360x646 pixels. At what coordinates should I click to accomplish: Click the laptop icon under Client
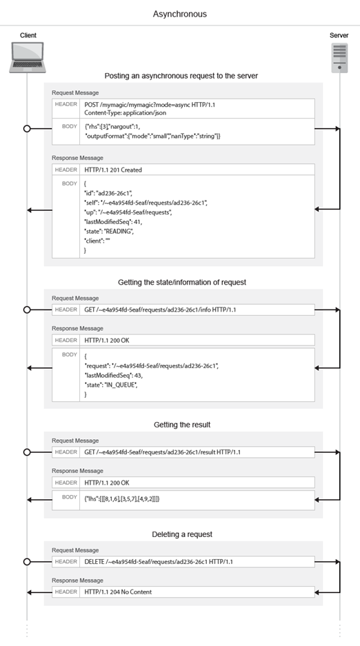(28, 57)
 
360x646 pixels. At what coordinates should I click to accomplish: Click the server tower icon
(339, 58)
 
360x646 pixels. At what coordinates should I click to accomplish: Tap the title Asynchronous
(179, 14)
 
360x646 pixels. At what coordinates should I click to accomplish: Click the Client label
(28, 35)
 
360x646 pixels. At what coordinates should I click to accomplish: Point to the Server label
(339, 35)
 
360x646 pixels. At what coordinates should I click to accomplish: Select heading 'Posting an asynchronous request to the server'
(181, 76)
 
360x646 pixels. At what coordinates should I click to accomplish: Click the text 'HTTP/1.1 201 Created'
(114, 170)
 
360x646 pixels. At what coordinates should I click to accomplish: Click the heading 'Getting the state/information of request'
(182, 282)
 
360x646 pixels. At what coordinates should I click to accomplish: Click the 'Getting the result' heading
(182, 425)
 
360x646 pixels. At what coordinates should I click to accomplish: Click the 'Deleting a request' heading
(182, 534)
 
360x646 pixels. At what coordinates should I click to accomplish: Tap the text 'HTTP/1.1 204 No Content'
(118, 592)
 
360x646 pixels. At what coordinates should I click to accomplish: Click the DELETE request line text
(159, 562)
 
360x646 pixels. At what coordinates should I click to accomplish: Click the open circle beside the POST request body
(28, 129)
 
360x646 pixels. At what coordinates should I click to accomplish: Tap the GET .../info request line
(160, 310)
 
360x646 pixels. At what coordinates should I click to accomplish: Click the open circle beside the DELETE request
(28, 562)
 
